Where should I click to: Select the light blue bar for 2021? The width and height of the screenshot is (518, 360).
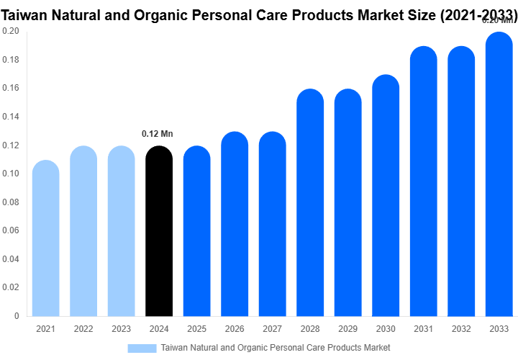point(46,238)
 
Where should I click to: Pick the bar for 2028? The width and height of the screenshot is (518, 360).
point(310,202)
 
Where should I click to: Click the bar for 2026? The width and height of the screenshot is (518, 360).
point(235,224)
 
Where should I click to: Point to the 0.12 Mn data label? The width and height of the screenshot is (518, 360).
point(158,134)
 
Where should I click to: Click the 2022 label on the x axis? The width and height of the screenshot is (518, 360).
point(83,329)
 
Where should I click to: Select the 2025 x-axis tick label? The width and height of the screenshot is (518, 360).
point(196,329)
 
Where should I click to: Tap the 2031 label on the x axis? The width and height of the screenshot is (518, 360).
point(423,329)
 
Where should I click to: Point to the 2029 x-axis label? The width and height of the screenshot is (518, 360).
point(347,329)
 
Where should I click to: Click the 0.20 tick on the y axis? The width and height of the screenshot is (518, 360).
point(11,32)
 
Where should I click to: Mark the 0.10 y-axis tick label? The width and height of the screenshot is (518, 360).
point(11,174)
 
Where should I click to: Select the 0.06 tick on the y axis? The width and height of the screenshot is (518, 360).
point(11,230)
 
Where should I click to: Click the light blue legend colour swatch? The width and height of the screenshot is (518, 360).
point(142,348)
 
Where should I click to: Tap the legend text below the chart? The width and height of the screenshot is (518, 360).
point(276,348)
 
